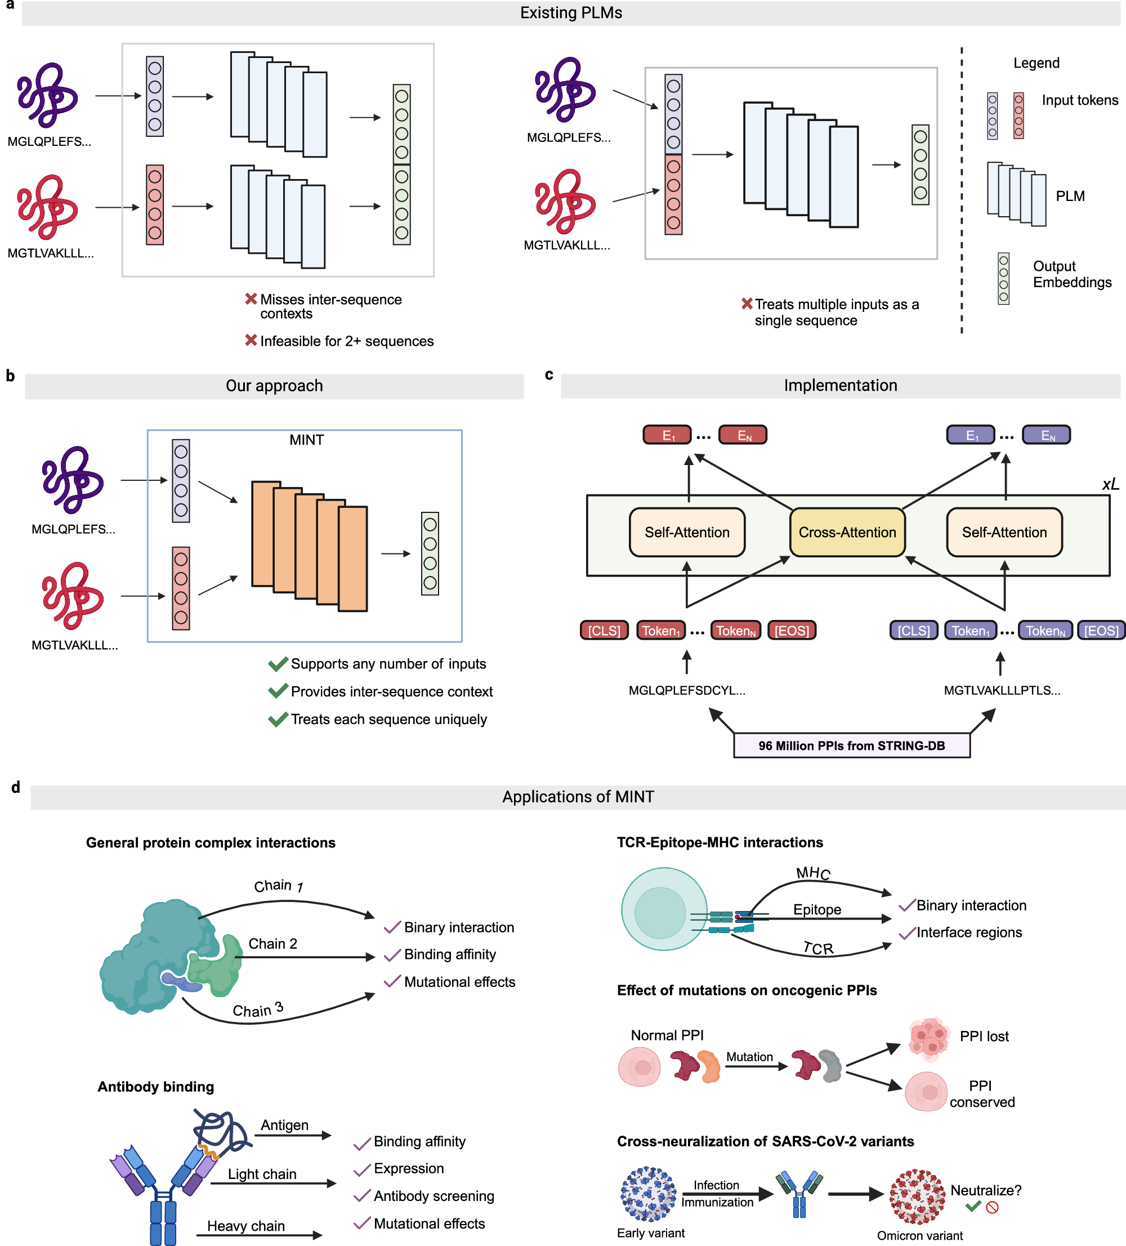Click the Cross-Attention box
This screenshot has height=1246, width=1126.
point(847,532)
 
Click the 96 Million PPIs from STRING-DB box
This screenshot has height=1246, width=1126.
point(851,745)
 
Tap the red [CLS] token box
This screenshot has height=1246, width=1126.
point(604,631)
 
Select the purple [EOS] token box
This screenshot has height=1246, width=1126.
point(1101,631)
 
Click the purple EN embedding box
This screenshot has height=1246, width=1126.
point(1046,435)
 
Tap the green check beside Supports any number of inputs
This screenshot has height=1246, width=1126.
point(278,664)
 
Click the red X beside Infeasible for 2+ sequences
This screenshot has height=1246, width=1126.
point(251,340)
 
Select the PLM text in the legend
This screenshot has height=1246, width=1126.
point(1070,196)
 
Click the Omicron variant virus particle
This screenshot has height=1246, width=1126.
point(917,1196)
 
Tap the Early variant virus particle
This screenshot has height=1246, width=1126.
point(648,1194)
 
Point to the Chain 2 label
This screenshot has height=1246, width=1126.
point(272,944)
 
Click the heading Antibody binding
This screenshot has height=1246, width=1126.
point(156,1087)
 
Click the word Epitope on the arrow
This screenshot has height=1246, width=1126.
point(817,909)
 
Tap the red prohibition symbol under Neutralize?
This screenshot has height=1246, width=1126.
point(993,1207)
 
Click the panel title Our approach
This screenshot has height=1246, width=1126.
point(274,386)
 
